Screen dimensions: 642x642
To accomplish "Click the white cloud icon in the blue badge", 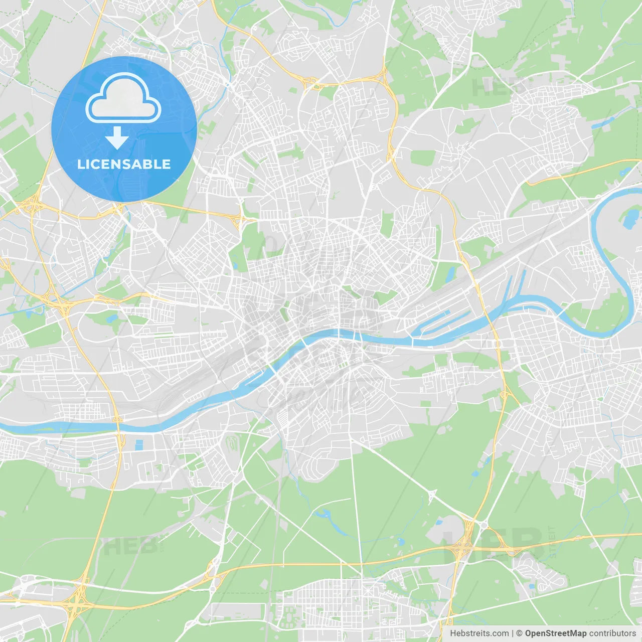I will click(x=123, y=98).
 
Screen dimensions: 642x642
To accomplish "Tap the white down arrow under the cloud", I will click(x=117, y=138).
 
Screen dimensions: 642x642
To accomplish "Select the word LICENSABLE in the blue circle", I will click(x=124, y=164).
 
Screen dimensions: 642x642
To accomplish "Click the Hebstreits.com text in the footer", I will click(x=479, y=633).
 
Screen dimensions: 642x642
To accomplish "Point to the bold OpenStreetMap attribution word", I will click(x=555, y=633).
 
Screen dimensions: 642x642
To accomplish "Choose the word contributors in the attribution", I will click(x=612, y=633).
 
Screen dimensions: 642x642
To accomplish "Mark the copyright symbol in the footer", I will click(x=519, y=633).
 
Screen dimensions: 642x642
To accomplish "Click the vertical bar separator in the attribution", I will click(x=513, y=633).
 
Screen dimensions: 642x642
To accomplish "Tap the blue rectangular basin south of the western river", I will click(x=139, y=444).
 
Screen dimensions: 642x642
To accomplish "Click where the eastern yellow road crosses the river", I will click(x=490, y=313).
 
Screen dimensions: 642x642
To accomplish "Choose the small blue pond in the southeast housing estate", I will click(x=531, y=586).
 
